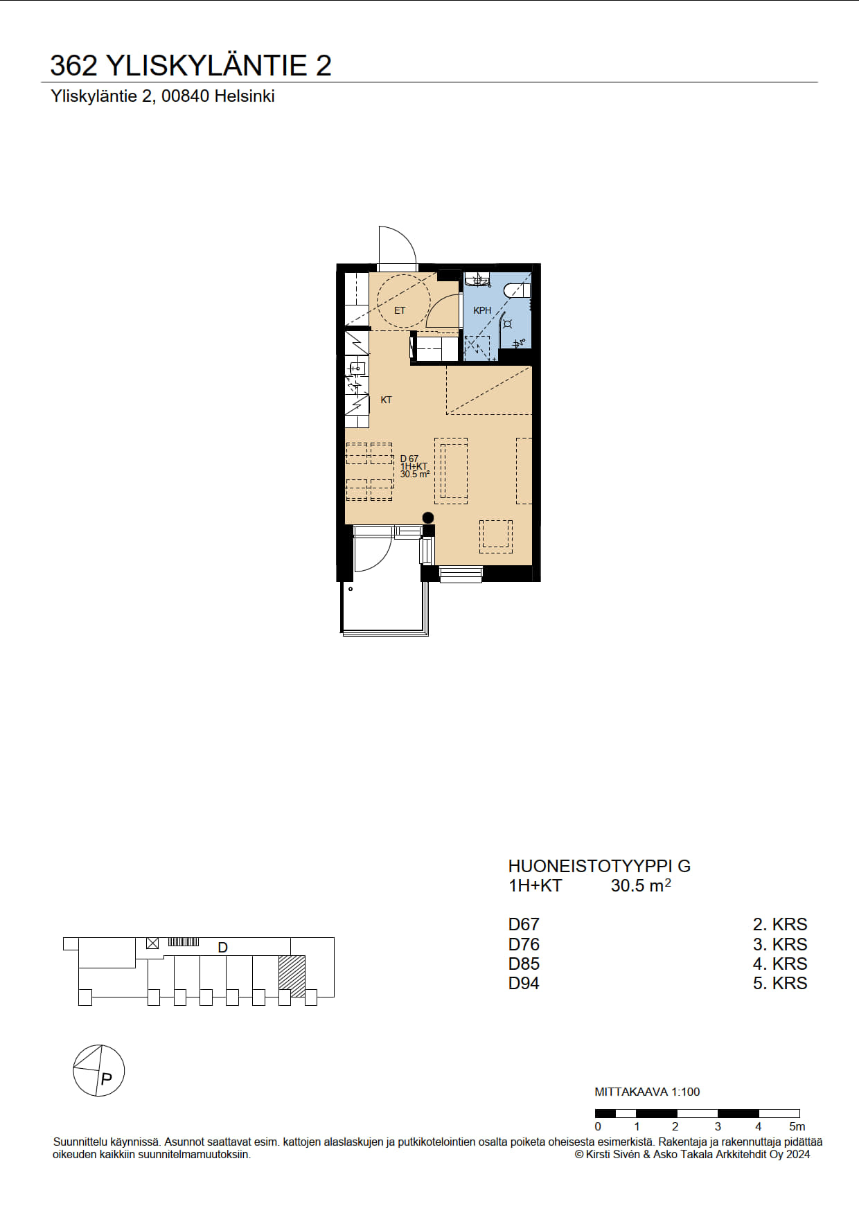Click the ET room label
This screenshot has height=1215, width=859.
point(400,310)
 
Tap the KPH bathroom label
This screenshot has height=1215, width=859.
point(482,310)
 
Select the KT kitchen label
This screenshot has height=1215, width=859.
point(387,400)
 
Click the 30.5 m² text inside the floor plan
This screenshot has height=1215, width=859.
point(415,475)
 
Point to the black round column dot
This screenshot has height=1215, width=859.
point(428,517)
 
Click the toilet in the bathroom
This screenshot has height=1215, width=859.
point(517,290)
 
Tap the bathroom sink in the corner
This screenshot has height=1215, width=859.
point(477,280)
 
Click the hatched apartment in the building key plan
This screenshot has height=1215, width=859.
point(292,976)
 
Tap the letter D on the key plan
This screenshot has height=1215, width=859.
point(223,948)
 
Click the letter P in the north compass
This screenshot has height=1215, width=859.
point(106,1079)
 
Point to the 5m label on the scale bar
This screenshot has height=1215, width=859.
point(797,1126)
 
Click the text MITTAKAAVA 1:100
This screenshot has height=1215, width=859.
point(647,1092)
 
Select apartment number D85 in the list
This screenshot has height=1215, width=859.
point(524,964)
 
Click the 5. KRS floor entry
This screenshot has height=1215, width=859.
point(780,983)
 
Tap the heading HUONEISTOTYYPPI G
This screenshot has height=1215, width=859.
point(599,866)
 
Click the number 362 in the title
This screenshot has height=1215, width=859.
point(73,66)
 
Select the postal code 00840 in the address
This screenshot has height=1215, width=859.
point(185,96)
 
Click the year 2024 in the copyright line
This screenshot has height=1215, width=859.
point(797,1154)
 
